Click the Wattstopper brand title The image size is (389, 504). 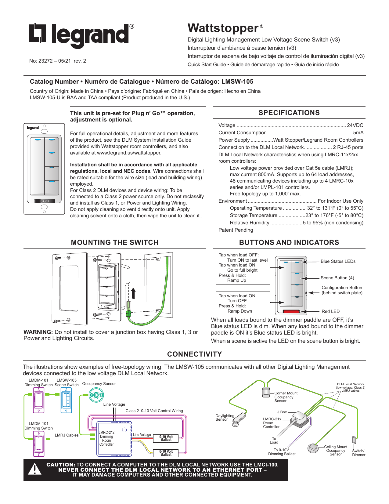click(x=223, y=28)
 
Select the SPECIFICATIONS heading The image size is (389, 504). click(x=289, y=113)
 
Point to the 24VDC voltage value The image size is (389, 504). click(x=355, y=125)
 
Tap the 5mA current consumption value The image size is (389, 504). click(x=358, y=132)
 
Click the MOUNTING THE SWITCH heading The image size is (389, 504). click(x=114, y=242)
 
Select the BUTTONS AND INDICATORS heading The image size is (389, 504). click(x=289, y=242)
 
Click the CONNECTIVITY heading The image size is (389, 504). click(x=194, y=354)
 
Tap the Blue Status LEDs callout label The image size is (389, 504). click(x=338, y=261)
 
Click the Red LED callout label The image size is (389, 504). click(x=330, y=311)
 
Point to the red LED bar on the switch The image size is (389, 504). click(x=291, y=312)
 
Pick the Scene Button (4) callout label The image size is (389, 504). click(x=337, y=278)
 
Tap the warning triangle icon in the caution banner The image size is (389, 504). click(x=34, y=469)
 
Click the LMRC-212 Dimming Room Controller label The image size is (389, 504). click(x=106, y=438)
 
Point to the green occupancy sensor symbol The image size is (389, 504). click(x=96, y=395)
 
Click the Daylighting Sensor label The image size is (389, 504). click(x=225, y=418)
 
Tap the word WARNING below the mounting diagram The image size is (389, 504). click(x=38, y=332)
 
